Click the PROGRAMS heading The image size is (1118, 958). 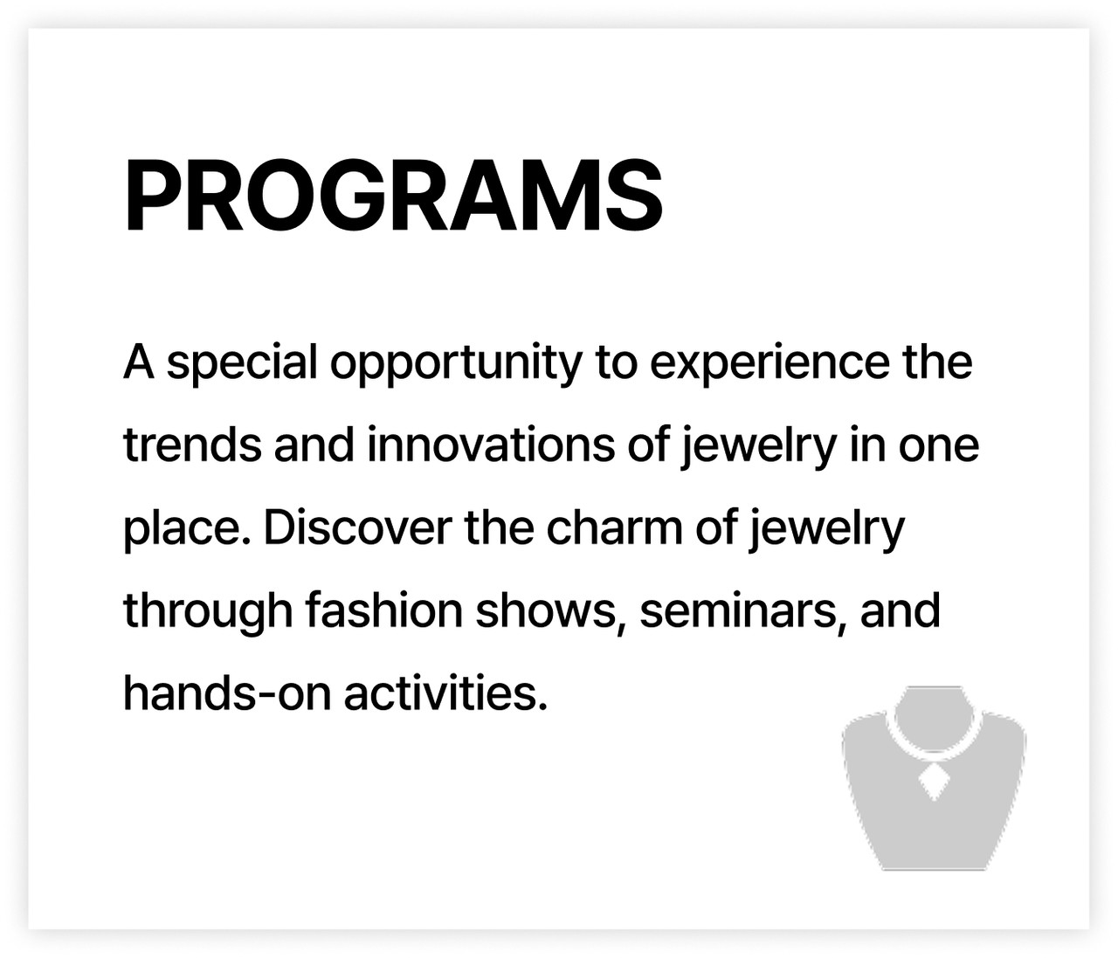click(x=393, y=196)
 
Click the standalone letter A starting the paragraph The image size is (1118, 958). click(x=139, y=362)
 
